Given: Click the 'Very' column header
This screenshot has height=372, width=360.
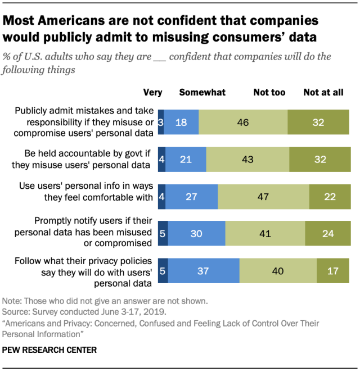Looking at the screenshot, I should tap(152, 92).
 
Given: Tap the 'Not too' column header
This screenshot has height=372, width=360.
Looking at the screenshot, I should tap(269, 92).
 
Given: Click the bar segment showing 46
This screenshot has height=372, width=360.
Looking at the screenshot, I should tap(243, 122).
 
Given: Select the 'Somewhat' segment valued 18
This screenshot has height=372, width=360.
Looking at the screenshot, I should tap(181, 122).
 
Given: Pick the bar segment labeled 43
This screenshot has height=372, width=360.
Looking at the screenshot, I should tap(247, 160).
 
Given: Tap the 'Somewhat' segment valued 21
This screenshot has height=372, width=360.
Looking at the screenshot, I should tap(186, 160).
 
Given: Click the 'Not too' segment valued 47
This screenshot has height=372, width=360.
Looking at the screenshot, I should tap(263, 197).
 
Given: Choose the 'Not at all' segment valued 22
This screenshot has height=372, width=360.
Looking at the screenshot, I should tap(330, 197).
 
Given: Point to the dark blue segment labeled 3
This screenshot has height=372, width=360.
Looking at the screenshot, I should tap(161, 122).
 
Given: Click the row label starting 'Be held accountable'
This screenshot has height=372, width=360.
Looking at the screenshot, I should tap(88, 160).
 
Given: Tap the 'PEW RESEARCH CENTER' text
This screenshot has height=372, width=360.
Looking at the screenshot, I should tap(49, 350).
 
